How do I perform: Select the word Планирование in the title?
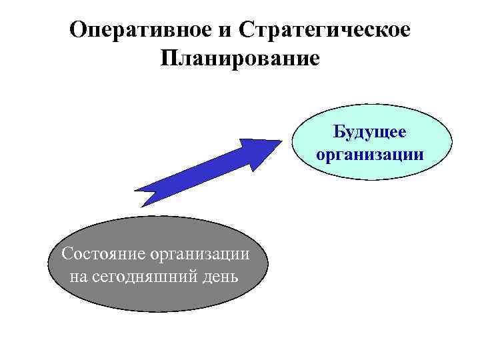(x=240, y=58)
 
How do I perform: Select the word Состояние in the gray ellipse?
(x=103, y=254)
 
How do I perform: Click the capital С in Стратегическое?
(x=245, y=30)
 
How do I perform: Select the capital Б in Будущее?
(x=339, y=132)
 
